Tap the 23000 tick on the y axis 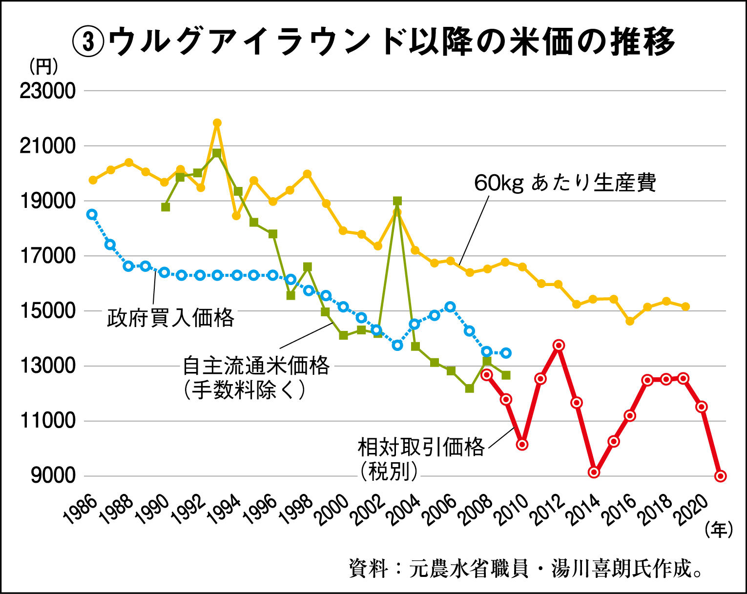pos(47,91)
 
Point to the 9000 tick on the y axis pos(53,475)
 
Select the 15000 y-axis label pos(47,311)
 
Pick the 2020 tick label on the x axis pos(693,510)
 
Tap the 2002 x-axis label pos(369,510)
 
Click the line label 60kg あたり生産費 pos(565,183)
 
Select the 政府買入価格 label pos(170,318)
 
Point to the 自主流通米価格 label pos(256,366)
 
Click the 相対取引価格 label pos(421,447)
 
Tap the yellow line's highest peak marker pos(217,123)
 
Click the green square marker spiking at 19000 pos(397,201)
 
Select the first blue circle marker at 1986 pos(92,214)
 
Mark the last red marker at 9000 pos(721,476)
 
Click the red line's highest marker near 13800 pos(559,346)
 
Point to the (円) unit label pos(44,66)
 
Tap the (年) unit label pos(719,530)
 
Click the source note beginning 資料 pos(526,569)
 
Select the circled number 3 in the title pos(88,42)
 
